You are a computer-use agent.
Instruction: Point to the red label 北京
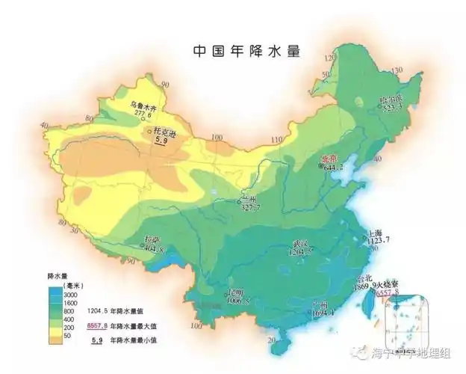[329, 159]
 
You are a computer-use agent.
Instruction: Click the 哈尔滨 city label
[394, 99]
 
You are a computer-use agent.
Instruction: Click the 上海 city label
[378, 234]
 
